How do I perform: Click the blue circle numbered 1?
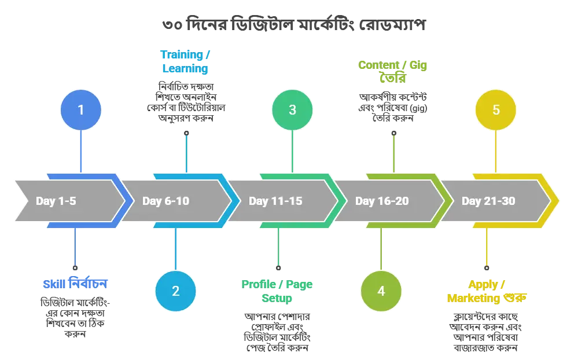[x=81, y=109]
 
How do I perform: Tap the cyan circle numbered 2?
[x=175, y=291]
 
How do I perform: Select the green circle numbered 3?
[x=292, y=109]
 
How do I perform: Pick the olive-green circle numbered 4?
[x=381, y=291]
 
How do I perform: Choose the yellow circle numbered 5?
[x=496, y=109]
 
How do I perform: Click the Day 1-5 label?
[x=56, y=201]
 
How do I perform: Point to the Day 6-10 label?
[x=165, y=201]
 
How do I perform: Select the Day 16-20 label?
[x=382, y=201]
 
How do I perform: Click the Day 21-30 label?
[x=488, y=201]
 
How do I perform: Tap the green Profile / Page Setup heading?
[x=277, y=291]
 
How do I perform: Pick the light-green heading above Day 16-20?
[x=393, y=71]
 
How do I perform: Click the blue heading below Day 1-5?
[x=75, y=284]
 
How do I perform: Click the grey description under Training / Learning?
[x=184, y=103]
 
